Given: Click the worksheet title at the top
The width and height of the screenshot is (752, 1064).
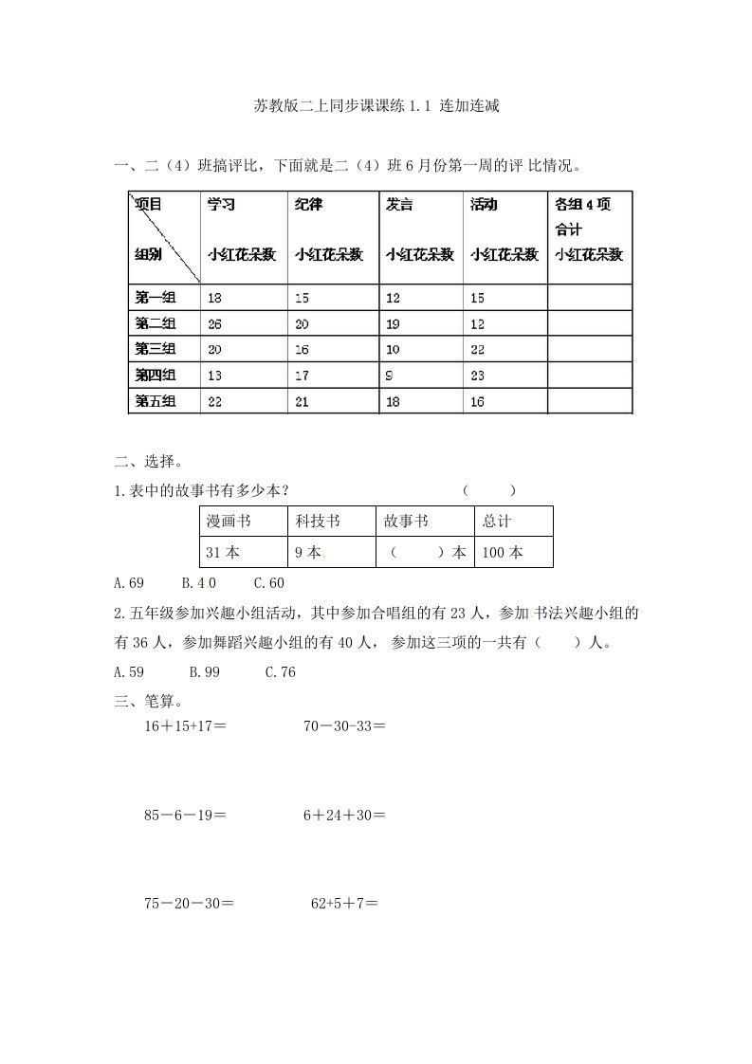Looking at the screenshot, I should tap(376, 106).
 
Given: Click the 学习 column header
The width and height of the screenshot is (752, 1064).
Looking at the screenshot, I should tap(222, 204).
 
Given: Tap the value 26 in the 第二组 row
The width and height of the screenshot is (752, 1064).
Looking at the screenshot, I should tap(215, 323).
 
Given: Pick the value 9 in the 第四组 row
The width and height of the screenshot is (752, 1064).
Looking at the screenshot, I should tap(390, 376).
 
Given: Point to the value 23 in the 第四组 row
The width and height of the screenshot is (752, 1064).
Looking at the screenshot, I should tap(478, 376).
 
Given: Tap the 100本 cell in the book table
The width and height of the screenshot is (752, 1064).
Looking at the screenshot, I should tap(503, 552).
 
